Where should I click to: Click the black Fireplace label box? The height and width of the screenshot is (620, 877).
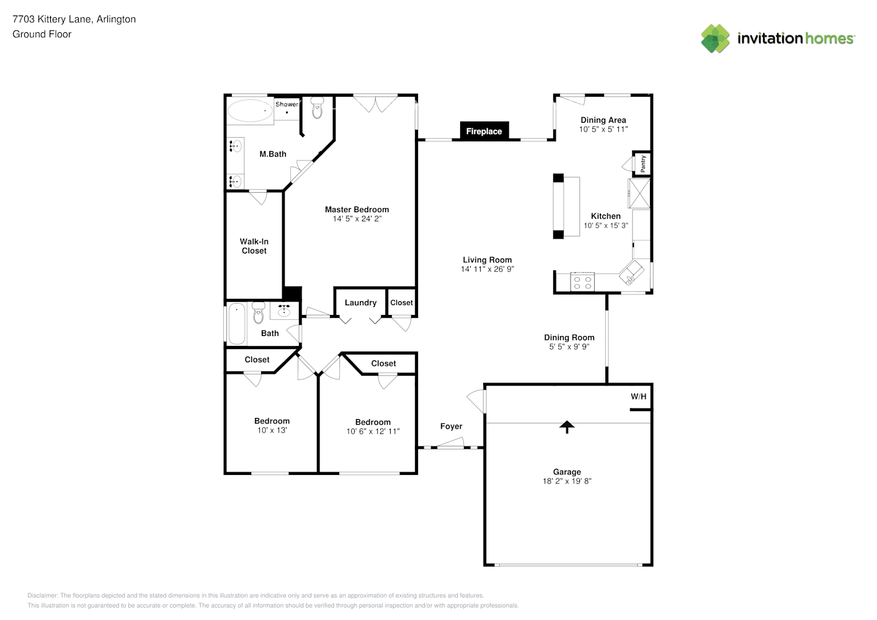[x=484, y=131]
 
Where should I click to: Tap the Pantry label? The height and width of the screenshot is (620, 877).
[x=643, y=164]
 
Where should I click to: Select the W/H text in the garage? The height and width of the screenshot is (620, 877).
[x=638, y=397]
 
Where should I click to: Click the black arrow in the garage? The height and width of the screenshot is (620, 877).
[x=566, y=427]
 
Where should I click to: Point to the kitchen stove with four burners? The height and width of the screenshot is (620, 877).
[x=582, y=282]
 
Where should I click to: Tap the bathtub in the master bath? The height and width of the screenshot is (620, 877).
[x=249, y=112]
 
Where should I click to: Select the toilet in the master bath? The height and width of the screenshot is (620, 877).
[x=317, y=109]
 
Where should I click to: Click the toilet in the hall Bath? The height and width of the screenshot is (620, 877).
[x=259, y=314]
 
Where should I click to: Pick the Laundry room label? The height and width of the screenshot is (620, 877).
[x=360, y=303]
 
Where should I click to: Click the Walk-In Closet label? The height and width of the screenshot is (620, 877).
[x=254, y=246]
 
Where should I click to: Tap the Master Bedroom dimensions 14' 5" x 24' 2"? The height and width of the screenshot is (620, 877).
[x=357, y=219]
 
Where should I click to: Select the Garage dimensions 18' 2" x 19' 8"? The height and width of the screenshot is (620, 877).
[x=567, y=481]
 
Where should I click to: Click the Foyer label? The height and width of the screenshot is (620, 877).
[x=451, y=427]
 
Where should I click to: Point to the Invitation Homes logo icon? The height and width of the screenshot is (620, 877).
[x=715, y=38]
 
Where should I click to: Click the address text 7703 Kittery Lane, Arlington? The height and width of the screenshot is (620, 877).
[x=74, y=19]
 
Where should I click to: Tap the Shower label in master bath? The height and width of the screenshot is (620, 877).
[x=287, y=104]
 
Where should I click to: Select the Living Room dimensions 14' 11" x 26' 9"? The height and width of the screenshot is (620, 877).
[x=487, y=269]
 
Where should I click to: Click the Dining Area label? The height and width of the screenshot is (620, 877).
[x=603, y=120]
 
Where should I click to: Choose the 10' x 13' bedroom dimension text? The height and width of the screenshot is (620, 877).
[x=272, y=430]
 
